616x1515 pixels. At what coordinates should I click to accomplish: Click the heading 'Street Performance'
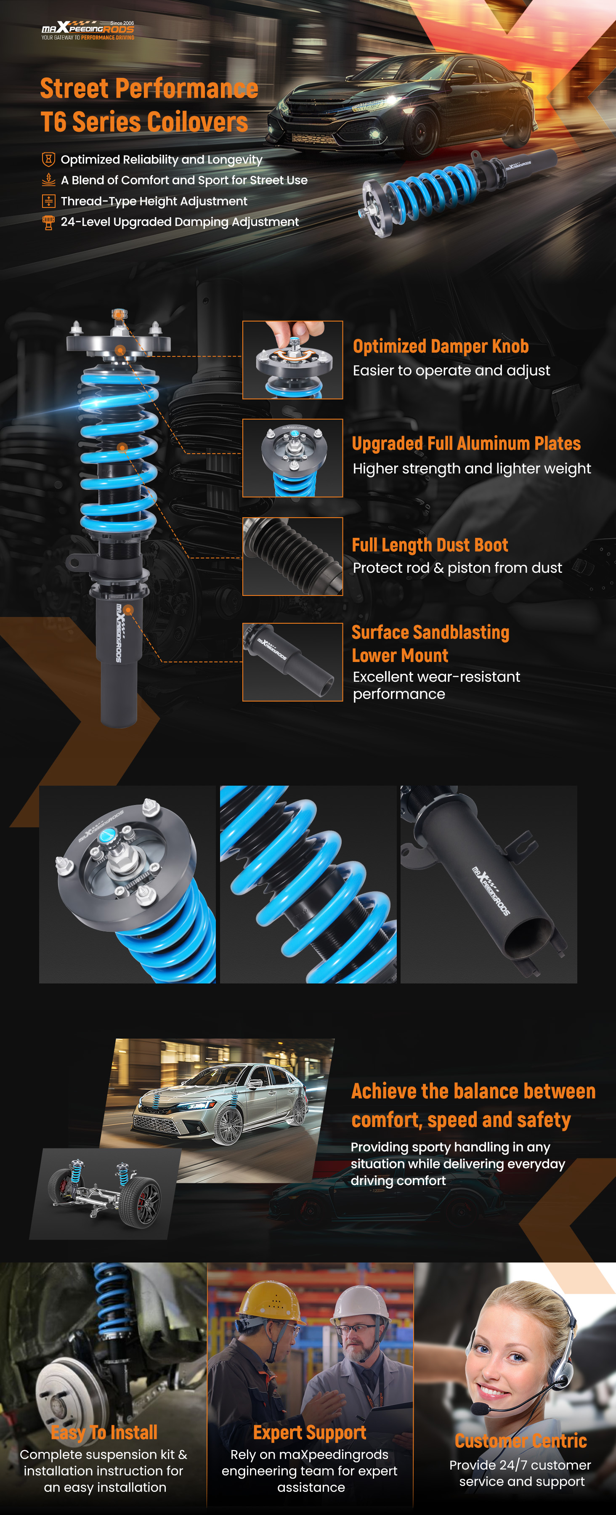[x=149, y=88]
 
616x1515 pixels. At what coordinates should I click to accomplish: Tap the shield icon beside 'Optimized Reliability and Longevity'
[x=49, y=159]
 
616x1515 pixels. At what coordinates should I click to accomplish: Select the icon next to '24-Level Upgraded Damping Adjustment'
[x=49, y=222]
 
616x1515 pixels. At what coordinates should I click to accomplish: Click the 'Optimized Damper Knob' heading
[x=441, y=346]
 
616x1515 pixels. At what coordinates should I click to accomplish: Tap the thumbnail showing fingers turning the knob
[x=293, y=360]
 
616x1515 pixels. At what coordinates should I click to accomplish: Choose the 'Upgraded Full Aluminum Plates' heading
[x=466, y=444]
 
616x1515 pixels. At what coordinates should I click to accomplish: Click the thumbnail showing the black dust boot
[x=293, y=556]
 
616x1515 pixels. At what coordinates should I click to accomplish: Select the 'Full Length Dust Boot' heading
[x=430, y=545]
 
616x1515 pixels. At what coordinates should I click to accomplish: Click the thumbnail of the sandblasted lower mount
[x=293, y=662]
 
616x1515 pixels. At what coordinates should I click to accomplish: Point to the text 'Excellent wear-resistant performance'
[x=436, y=685]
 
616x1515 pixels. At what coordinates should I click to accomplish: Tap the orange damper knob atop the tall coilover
[x=119, y=314]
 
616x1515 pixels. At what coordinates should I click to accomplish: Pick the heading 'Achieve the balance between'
[x=473, y=1092]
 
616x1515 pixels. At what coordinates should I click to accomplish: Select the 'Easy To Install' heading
[x=104, y=1432]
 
